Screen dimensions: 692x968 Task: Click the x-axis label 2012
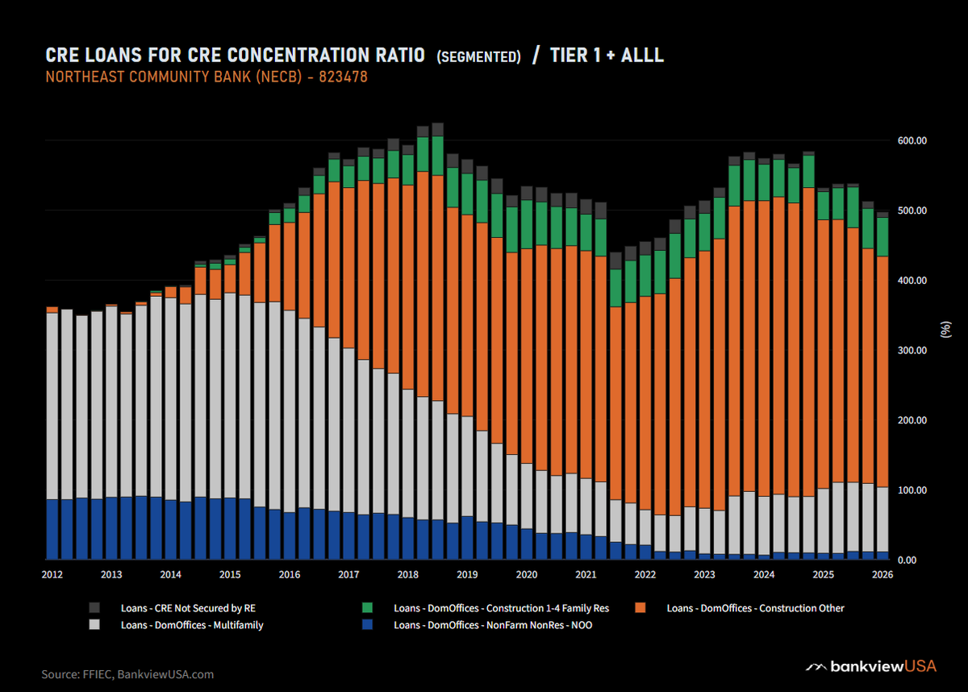coord(52,575)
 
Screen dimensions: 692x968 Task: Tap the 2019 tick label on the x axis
coord(467,575)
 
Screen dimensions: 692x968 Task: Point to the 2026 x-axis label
coord(882,575)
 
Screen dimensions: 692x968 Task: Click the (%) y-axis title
coord(945,329)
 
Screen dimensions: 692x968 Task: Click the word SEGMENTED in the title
coord(478,57)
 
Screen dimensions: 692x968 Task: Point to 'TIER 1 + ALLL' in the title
coord(607,56)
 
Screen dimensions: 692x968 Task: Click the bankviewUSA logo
coord(873,667)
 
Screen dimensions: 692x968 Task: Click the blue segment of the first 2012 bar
coord(52,529)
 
